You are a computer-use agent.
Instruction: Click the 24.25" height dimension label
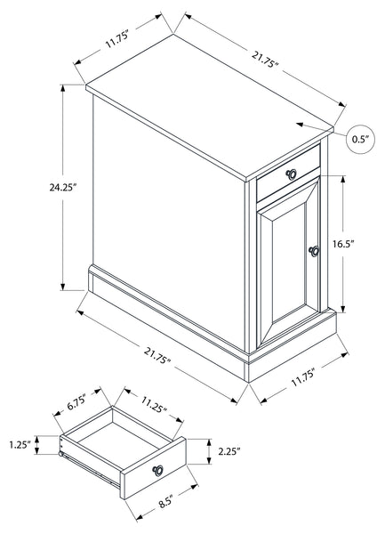click(62, 187)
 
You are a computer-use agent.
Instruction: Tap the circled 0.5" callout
click(360, 139)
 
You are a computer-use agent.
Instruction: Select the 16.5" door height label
click(343, 244)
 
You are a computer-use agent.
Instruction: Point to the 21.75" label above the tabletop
click(265, 60)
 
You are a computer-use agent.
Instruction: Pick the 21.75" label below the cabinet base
click(157, 355)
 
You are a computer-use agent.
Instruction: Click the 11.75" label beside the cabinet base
click(304, 377)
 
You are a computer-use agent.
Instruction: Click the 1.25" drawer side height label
click(20, 445)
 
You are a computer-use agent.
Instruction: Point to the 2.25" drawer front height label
click(229, 451)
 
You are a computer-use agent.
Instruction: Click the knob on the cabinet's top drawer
click(291, 174)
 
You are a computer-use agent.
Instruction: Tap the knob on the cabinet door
click(314, 251)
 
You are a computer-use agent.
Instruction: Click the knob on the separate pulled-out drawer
click(157, 470)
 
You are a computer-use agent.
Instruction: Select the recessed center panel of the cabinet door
click(289, 261)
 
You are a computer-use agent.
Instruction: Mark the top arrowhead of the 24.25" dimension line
click(62, 88)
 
